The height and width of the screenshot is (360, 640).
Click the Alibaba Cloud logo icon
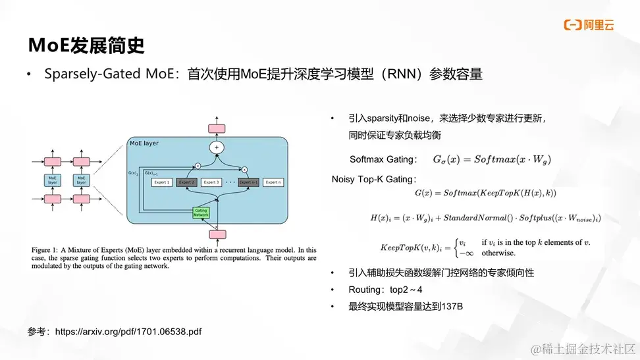pyautogui.click(x=572, y=26)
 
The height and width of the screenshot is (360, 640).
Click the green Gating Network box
pyautogui.click(x=201, y=213)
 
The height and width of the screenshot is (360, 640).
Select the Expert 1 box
pyautogui.click(x=161, y=182)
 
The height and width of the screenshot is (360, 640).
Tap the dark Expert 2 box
pyautogui.click(x=186, y=182)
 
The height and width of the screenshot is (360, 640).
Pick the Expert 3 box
pyautogui.click(x=211, y=182)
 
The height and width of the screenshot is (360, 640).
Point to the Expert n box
pyautogui.click(x=273, y=182)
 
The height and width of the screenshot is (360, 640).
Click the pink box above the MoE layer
pyautogui.click(x=217, y=128)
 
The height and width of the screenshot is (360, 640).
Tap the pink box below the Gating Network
pyautogui.click(x=217, y=234)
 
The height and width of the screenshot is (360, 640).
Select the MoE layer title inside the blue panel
pyautogui.click(x=144, y=143)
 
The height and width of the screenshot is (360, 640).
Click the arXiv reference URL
pyautogui.click(x=128, y=332)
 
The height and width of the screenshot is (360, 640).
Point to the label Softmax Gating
pyautogui.click(x=383, y=159)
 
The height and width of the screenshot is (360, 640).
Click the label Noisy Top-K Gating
pyautogui.click(x=373, y=179)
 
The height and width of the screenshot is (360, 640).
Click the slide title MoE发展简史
pyautogui.click(x=86, y=45)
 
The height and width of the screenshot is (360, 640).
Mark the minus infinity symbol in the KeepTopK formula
pyautogui.click(x=466, y=253)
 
